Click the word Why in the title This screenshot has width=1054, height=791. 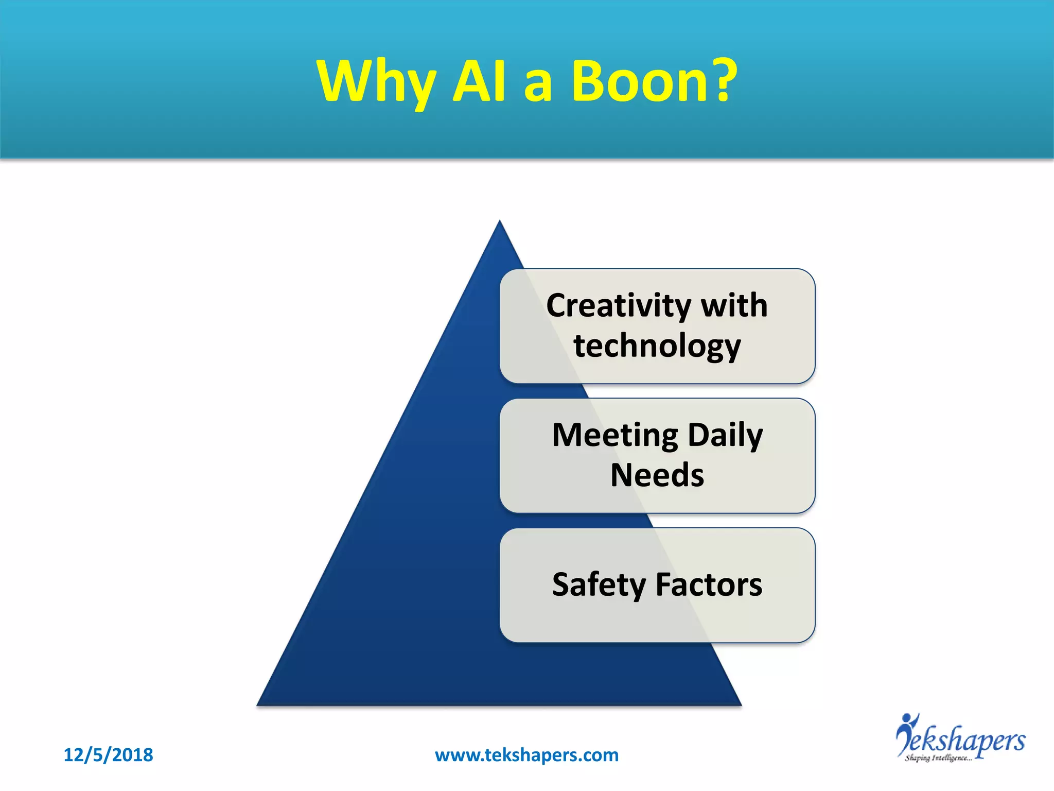(376, 82)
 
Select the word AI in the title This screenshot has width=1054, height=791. (480, 81)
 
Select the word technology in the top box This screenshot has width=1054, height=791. (657, 346)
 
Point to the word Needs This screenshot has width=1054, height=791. (657, 475)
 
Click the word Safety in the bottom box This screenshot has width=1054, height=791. (599, 586)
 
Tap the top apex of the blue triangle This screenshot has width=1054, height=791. (499, 222)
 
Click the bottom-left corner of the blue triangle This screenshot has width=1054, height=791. (259, 703)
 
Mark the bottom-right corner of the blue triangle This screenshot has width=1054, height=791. (740, 703)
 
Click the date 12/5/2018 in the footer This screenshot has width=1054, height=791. (108, 755)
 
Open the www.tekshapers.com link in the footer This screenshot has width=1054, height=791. (526, 755)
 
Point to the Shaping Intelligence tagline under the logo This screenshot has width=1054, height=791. (938, 758)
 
